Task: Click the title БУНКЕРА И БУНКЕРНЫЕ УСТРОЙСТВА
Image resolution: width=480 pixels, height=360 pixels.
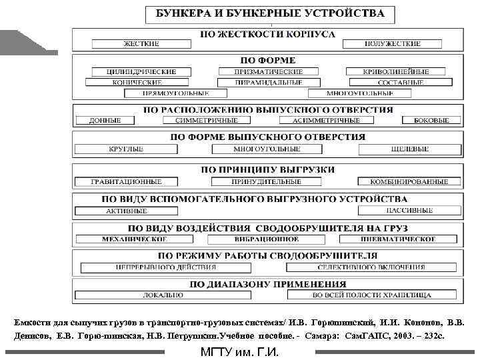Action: (270, 13)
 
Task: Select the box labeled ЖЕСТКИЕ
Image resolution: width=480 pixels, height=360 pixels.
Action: (141, 44)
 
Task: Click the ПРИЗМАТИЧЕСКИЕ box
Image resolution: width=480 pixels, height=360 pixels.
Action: (269, 71)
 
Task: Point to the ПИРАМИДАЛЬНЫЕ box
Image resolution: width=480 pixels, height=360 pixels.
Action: (269, 83)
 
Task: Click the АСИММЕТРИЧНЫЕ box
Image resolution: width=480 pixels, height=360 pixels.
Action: (327, 121)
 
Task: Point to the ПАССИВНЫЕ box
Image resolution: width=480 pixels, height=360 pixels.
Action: (407, 210)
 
